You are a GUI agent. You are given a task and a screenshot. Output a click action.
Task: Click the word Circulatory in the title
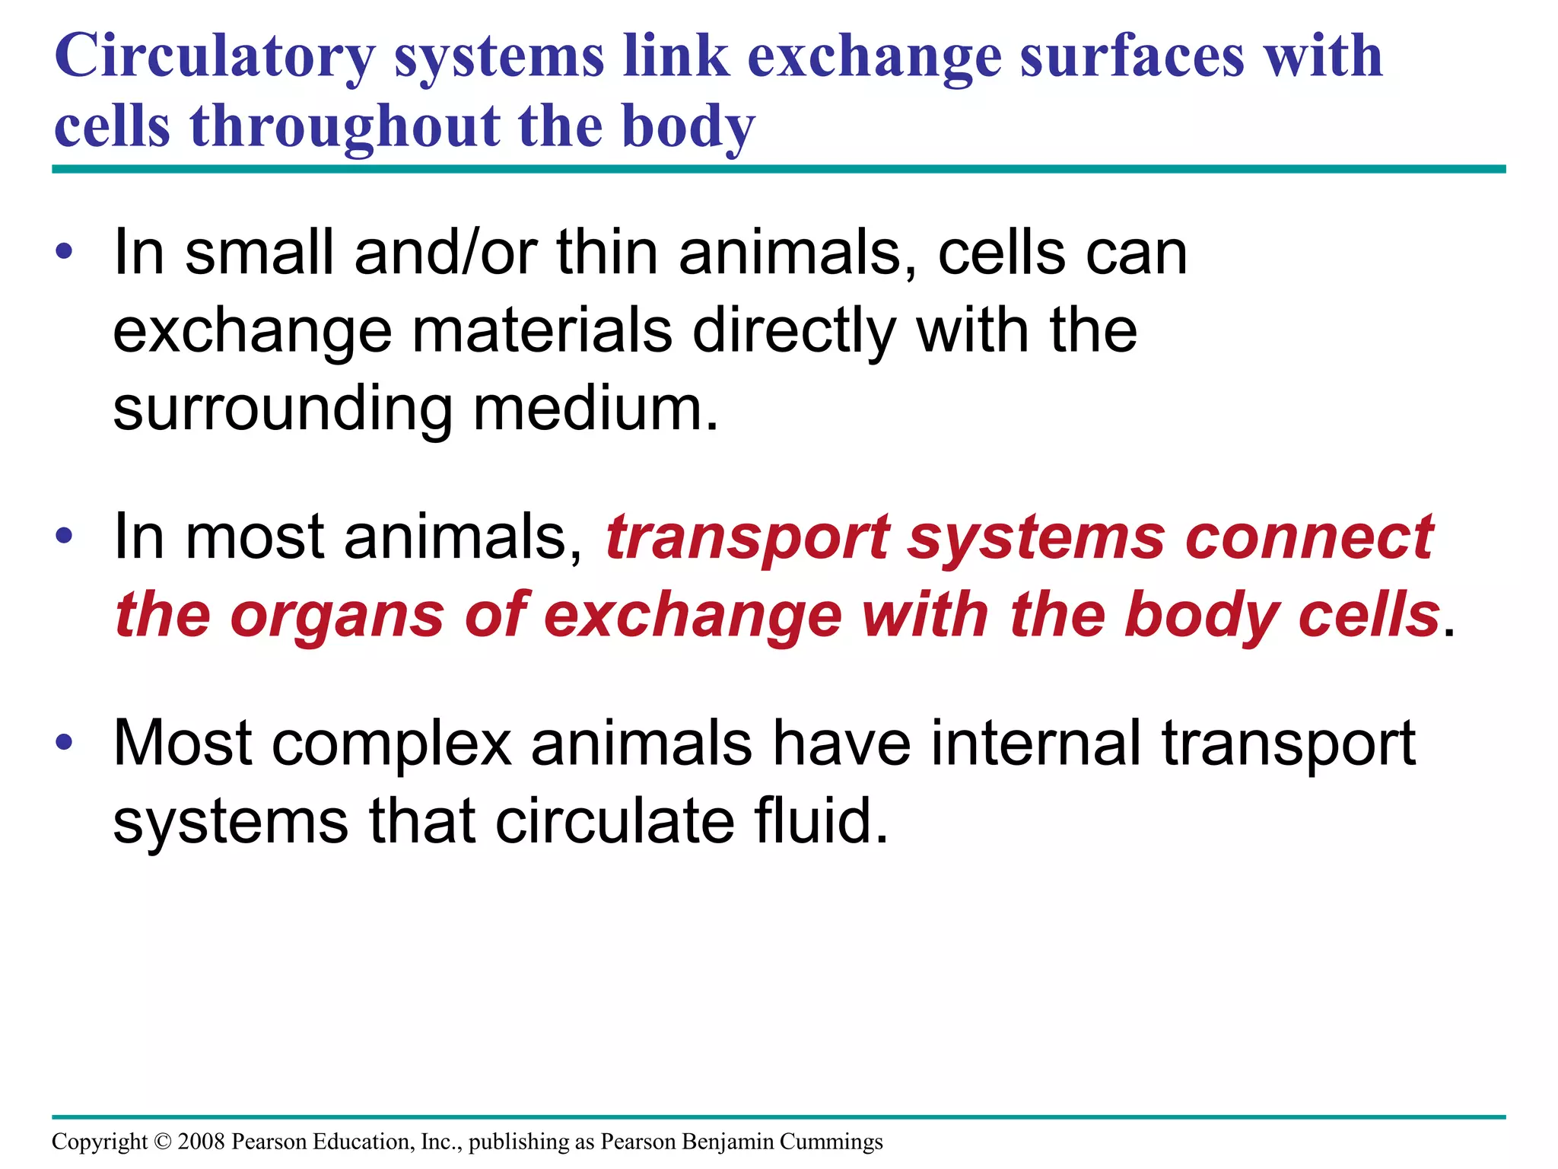[x=215, y=58]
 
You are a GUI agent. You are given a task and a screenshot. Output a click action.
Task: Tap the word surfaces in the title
[x=1132, y=58]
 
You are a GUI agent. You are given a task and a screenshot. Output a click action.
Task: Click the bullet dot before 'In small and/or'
[x=65, y=251]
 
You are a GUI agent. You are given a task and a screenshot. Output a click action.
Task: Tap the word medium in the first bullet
[x=595, y=409]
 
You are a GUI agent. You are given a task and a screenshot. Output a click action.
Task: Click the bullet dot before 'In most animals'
[x=65, y=535]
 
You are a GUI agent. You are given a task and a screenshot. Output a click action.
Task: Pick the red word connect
[x=1308, y=537]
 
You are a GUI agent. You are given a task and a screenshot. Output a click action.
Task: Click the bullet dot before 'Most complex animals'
[x=65, y=742]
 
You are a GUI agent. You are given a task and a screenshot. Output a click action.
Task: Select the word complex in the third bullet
[x=391, y=744]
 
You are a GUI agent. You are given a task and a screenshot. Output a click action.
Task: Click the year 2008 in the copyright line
[x=202, y=1142]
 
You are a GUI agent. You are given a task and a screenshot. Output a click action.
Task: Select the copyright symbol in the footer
[x=163, y=1142]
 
